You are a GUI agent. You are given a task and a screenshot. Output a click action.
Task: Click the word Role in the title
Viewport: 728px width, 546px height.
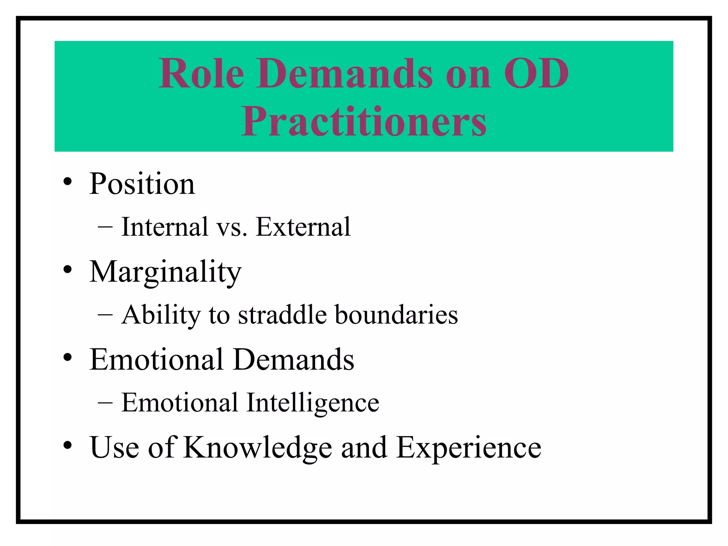[x=202, y=74]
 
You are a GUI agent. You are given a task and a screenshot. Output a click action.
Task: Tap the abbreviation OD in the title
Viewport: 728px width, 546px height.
[x=536, y=74]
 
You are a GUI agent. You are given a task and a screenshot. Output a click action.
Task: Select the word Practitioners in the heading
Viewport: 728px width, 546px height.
[x=364, y=122]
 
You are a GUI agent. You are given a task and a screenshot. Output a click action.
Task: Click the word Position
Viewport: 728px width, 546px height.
[x=142, y=184]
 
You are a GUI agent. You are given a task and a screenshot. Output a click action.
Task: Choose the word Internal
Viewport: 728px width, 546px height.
[x=165, y=227]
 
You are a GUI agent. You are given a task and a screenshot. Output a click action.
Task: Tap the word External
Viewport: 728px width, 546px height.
[x=303, y=227]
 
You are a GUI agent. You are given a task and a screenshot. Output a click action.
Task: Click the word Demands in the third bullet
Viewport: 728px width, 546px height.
[x=294, y=360]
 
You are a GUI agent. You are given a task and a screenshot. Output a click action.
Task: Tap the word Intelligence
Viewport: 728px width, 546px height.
[x=313, y=403]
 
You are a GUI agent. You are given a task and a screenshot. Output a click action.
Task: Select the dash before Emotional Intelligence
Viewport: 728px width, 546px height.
[x=105, y=402]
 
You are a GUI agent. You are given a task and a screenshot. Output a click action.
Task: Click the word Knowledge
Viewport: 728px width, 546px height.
[x=258, y=448]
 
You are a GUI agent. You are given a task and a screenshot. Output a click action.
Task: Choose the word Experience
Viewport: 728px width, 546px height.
[x=469, y=448]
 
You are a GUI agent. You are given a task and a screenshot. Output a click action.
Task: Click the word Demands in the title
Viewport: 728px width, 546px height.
[x=344, y=74]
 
